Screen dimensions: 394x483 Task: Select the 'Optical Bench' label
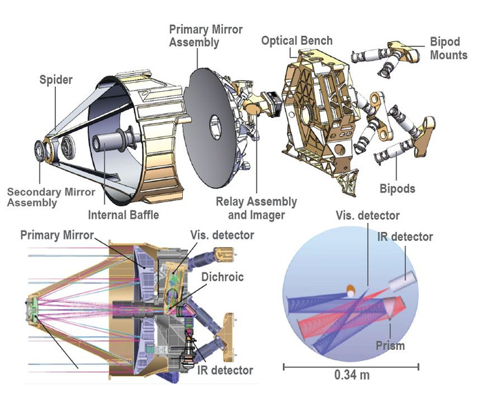coord(297,41)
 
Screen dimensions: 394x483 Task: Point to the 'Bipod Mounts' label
coord(448,49)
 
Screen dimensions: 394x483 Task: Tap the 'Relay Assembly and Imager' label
coord(257,208)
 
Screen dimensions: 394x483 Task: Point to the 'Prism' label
coord(391,345)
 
